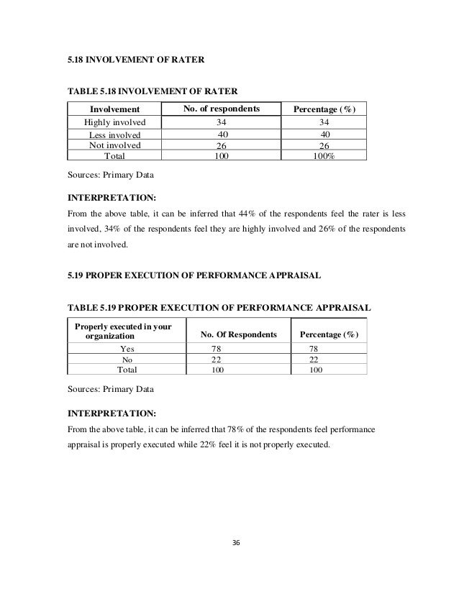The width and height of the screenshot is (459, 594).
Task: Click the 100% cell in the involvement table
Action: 325,154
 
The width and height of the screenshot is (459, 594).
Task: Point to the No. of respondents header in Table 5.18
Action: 220,109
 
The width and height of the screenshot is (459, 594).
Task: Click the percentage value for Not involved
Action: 325,144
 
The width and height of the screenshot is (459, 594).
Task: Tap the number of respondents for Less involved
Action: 222,134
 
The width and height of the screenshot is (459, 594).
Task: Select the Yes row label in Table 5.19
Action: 128,348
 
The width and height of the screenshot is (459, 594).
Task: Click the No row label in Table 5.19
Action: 128,359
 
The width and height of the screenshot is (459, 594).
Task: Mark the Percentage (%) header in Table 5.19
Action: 328,335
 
